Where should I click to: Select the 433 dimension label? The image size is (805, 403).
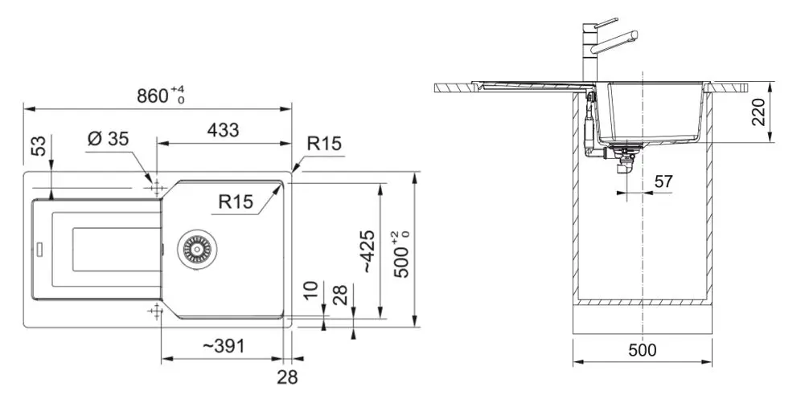pos(222,130)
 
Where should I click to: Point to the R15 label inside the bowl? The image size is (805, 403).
pos(236,202)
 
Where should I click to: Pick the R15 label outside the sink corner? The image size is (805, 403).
pos(323,144)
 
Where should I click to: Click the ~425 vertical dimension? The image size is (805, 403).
pos(368,251)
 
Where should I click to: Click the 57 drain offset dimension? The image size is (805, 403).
pos(663,182)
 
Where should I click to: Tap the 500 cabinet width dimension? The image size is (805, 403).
pos(642,350)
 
